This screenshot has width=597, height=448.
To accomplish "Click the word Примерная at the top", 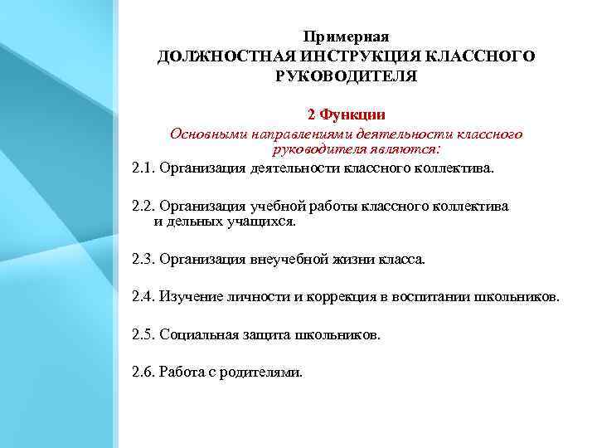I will pos(347,37).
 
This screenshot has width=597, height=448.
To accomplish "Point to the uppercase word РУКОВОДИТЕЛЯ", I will pos(347,77).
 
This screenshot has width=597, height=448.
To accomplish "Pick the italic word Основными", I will pos(204,134).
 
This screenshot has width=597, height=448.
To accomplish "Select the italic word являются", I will pos(410,149).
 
